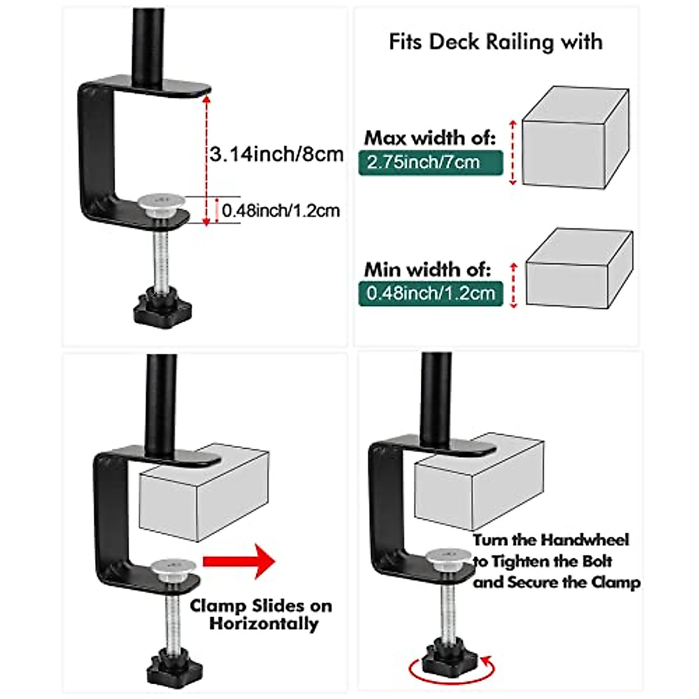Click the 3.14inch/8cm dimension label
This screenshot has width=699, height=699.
[x=277, y=155]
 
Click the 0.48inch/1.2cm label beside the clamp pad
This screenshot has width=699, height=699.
[x=281, y=211]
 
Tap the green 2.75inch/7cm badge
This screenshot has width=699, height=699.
[x=430, y=163]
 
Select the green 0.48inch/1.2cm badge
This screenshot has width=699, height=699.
[x=430, y=293]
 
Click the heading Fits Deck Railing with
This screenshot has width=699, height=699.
[x=495, y=43]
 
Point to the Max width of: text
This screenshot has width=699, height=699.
[x=430, y=138]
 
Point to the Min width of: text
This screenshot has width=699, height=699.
[x=428, y=269]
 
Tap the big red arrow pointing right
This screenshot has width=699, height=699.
[x=239, y=562]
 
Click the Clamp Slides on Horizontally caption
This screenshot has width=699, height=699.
[x=261, y=615]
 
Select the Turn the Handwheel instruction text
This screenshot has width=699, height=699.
[x=555, y=561]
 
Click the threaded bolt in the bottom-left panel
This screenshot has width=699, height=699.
[x=173, y=617]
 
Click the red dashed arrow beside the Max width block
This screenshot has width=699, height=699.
[x=513, y=153]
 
